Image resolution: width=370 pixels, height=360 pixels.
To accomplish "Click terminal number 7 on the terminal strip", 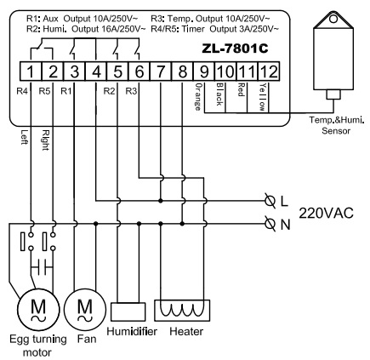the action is pyautogui.click(x=161, y=71).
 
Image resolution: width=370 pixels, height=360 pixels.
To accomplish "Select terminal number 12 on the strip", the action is pyautogui.click(x=269, y=71).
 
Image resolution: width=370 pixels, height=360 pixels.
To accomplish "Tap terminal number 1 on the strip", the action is pyautogui.click(x=31, y=71).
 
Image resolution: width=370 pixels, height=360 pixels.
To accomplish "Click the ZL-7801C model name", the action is pyautogui.click(x=235, y=49).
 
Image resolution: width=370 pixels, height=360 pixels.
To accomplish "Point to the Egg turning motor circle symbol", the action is pyautogui.click(x=38, y=310).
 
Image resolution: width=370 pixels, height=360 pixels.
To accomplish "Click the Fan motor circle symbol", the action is pyautogui.click(x=85, y=310).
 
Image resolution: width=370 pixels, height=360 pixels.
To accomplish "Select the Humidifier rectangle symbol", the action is pyautogui.click(x=128, y=311).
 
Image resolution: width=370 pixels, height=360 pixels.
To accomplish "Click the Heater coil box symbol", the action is pyautogui.click(x=182, y=311).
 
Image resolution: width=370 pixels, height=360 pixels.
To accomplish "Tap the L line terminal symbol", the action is pyautogui.click(x=270, y=201).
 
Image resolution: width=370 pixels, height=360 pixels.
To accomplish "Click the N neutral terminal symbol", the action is pyautogui.click(x=270, y=224).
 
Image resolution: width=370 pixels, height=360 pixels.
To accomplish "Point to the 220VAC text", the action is pyautogui.click(x=327, y=213).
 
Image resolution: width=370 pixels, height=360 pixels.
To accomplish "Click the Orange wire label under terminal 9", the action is pyautogui.click(x=199, y=97).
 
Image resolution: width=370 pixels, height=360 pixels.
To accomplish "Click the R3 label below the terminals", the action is pyautogui.click(x=131, y=91).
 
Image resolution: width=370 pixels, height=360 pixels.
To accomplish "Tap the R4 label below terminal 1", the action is pyautogui.click(x=22, y=91).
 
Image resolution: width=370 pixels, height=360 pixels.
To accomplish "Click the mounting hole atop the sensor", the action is pyautogui.click(x=333, y=19).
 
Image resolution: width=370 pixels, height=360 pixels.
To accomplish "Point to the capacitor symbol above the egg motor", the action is pyautogui.click(x=42, y=267).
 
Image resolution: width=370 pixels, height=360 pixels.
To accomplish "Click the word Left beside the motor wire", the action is pyautogui.click(x=25, y=137).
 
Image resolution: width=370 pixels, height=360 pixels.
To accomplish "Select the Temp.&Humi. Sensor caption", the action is pyautogui.click(x=336, y=125).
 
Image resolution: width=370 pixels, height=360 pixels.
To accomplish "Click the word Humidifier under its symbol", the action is pyautogui.click(x=132, y=331).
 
